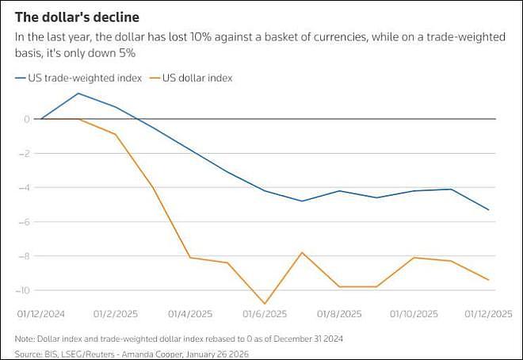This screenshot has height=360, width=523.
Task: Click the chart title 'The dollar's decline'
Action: (77, 17)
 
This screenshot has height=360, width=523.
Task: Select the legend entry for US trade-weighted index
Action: (78, 78)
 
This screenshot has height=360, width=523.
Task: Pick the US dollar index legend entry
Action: (192, 78)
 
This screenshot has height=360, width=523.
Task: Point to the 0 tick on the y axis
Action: (27, 119)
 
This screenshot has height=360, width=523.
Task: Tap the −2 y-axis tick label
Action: (24, 154)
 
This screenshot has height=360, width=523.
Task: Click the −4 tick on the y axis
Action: (24, 187)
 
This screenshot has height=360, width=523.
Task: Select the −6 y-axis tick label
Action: (24, 222)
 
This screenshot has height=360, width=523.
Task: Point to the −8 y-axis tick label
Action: (24, 256)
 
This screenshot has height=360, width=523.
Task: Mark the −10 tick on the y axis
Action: (22, 290)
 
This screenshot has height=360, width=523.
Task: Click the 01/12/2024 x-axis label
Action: (41, 314)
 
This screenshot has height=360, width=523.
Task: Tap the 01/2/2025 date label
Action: (116, 314)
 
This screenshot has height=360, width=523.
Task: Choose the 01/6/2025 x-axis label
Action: (265, 314)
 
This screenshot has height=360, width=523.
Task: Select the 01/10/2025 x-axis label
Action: (414, 314)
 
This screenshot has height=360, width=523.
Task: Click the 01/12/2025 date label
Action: (488, 314)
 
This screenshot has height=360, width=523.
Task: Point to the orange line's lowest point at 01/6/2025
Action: (265, 304)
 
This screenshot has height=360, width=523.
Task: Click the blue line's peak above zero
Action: (78, 93)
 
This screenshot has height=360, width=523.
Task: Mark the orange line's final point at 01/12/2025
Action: (489, 280)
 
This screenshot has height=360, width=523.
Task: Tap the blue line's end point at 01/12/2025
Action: (489, 210)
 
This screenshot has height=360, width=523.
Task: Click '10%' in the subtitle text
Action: (200, 36)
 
